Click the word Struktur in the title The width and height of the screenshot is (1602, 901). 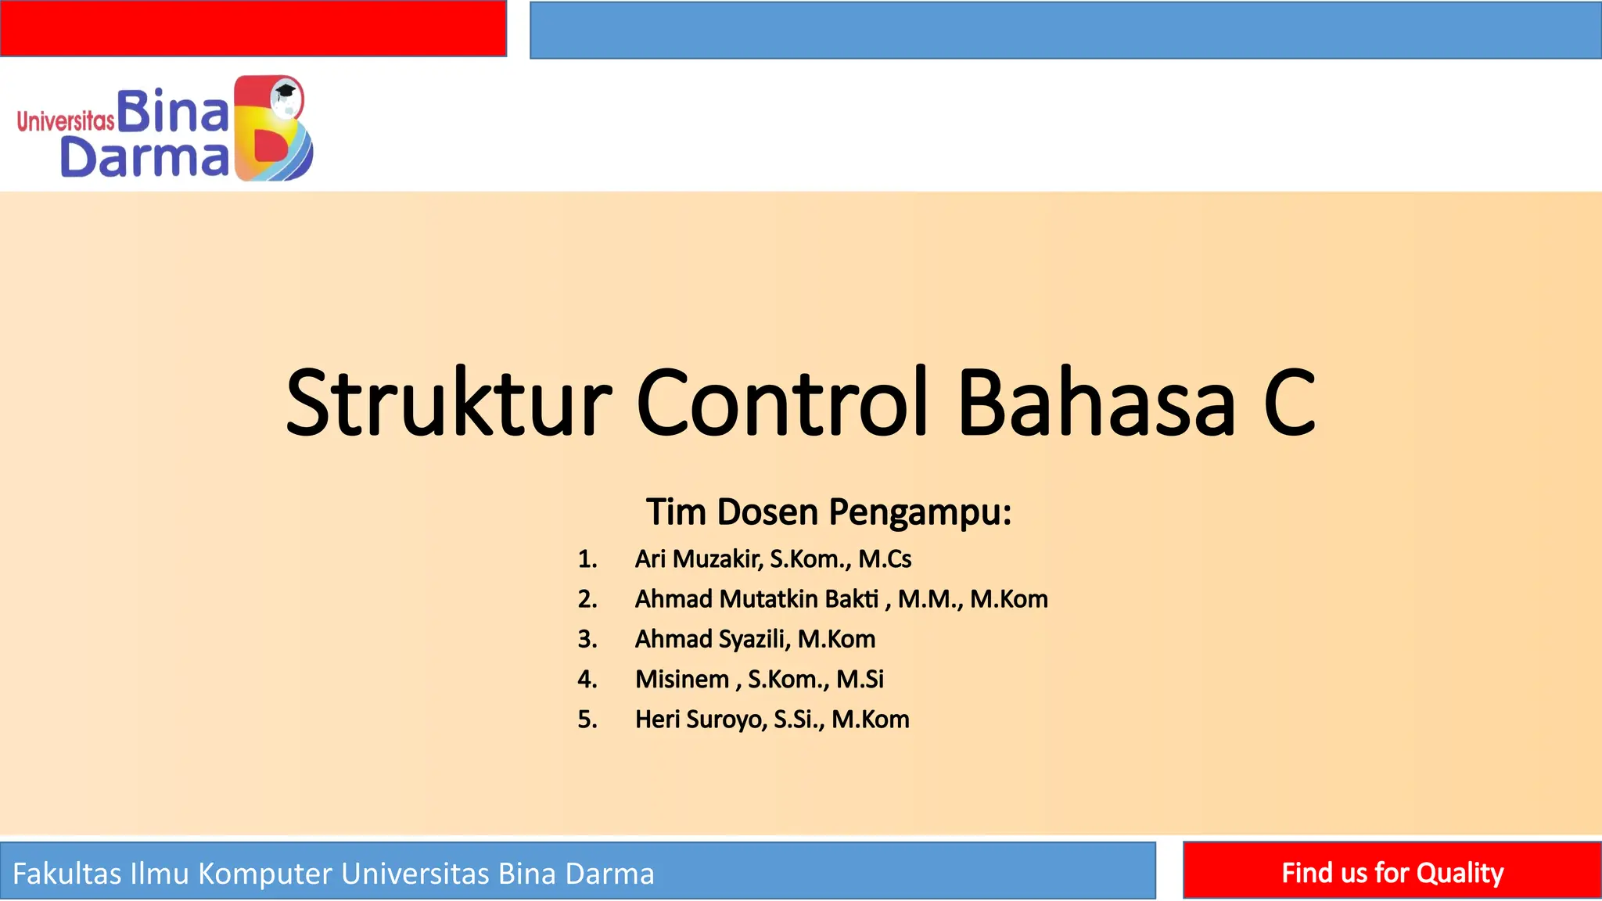point(447,404)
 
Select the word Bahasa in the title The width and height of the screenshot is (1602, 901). point(1096,404)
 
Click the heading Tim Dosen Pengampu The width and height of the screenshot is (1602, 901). point(828,512)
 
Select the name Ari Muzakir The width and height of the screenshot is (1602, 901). point(698,559)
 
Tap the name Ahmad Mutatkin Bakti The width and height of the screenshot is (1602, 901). point(756,599)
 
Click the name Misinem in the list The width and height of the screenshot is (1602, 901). point(681,679)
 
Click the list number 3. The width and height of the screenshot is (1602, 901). point(587,639)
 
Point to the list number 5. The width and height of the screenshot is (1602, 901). point(587,720)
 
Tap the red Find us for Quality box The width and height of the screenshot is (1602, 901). point(1392,871)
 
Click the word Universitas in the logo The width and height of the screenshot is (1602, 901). point(66,121)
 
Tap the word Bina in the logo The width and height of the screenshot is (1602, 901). point(173,112)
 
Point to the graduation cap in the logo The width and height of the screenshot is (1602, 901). point(286,91)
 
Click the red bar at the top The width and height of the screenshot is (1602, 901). point(253,28)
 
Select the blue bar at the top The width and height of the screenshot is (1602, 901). point(1065,30)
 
